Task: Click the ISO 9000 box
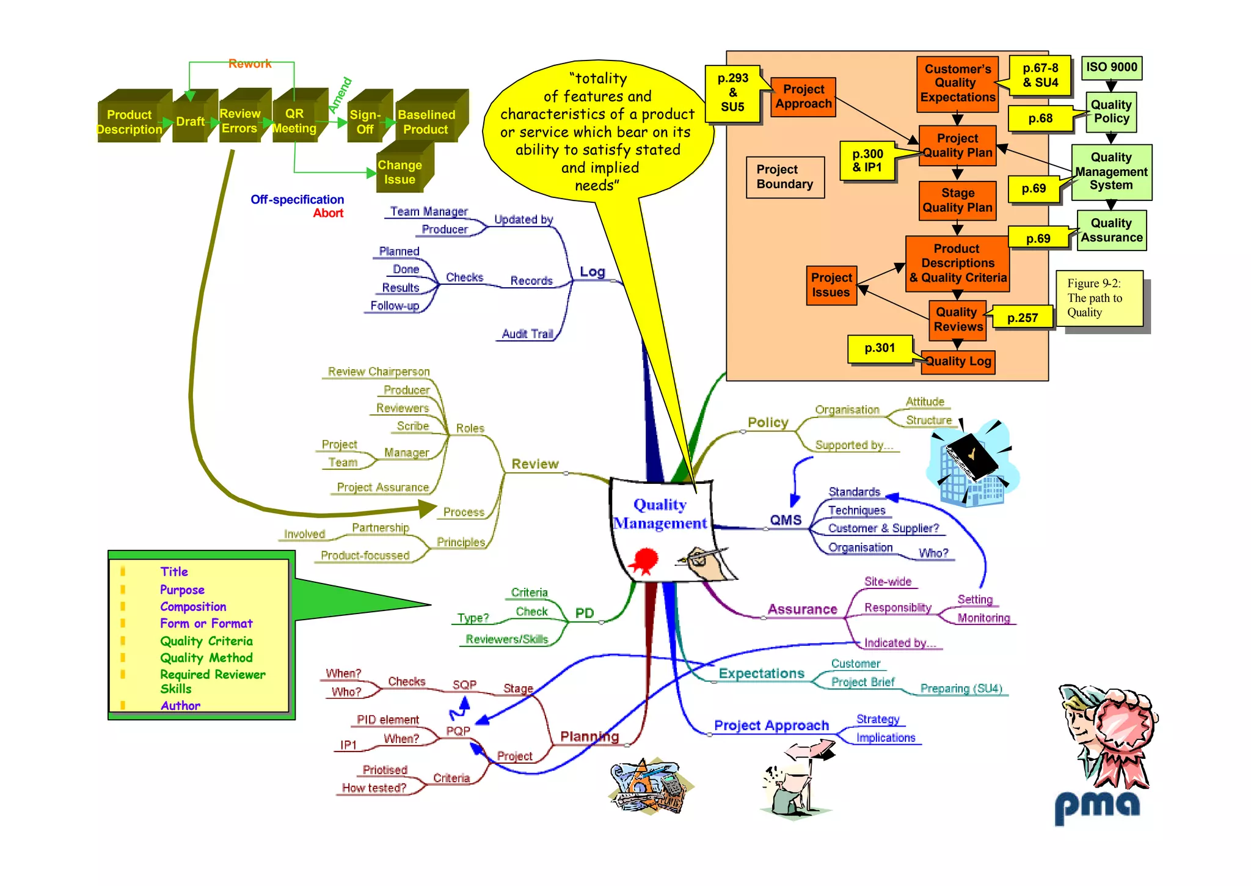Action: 1111,67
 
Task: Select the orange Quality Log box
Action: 958,361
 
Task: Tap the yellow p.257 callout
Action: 1023,318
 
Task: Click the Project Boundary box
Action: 785,177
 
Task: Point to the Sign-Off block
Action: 365,122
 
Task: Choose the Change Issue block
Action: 400,172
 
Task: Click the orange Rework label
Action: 249,64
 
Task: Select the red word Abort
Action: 328,213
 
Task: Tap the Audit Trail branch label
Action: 527,334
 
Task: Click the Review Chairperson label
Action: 379,372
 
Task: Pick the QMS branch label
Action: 786,520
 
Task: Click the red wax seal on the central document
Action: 645,560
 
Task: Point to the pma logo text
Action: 1097,807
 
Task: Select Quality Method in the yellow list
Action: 206,658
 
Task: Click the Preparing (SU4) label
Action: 961,689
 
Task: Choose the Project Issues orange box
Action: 831,285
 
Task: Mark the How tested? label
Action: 374,788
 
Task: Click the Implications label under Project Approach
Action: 886,738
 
